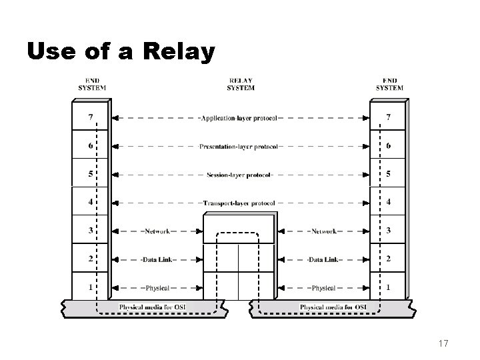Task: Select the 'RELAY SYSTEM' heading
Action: pos(240,85)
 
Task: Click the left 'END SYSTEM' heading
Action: pos(91,85)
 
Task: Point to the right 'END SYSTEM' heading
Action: pos(389,85)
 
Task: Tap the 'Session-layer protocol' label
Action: pos(239,175)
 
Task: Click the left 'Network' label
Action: pos(157,231)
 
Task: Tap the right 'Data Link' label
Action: pos(323,259)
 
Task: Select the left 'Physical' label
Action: pos(157,288)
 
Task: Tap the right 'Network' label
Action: pos(323,231)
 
